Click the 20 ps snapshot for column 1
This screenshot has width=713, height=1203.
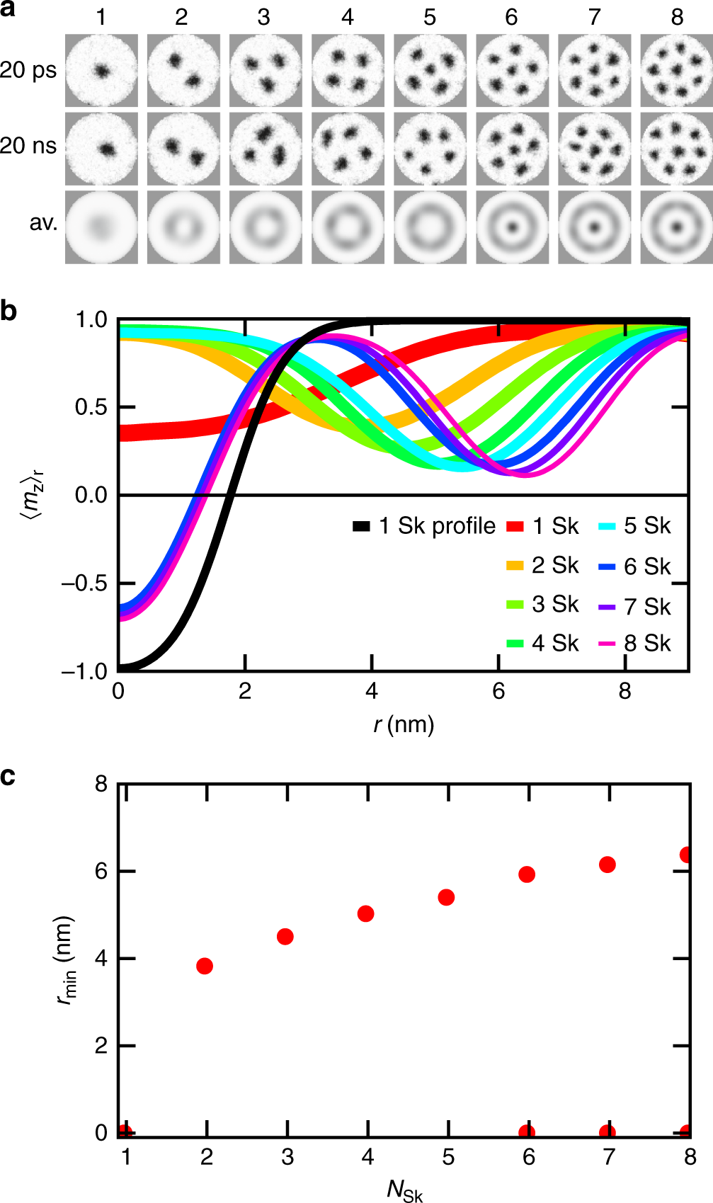[x=101, y=71]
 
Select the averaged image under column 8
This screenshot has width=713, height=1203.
[x=676, y=227]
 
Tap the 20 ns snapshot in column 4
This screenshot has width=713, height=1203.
[x=348, y=149]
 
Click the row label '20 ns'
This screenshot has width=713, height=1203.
[x=28, y=146]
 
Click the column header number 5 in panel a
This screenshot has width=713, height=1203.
[x=430, y=17]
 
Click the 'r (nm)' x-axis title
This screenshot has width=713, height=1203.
[x=404, y=724]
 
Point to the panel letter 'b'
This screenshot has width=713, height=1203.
[x=8, y=310]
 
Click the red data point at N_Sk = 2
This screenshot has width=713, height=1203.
[x=205, y=966]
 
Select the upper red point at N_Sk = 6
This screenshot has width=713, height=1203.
[x=527, y=874]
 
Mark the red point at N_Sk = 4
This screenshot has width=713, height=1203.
[x=366, y=914]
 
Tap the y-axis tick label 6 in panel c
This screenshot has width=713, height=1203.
[x=101, y=871]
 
